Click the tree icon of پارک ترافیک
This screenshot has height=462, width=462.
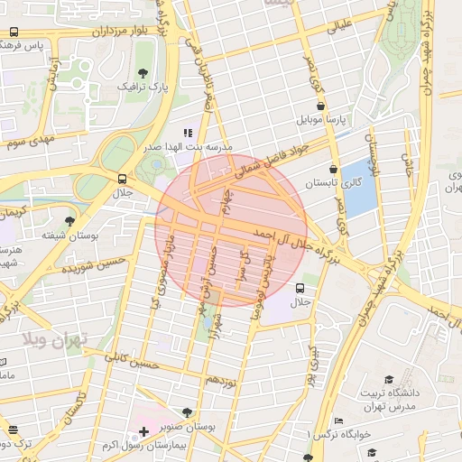142,73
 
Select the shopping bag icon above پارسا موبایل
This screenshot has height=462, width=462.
320,105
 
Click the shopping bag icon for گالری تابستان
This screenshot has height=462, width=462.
334,168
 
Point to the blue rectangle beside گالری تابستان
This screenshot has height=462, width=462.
360,188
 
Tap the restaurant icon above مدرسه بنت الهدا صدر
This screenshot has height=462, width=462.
188,132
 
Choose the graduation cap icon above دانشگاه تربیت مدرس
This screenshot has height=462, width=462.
389,380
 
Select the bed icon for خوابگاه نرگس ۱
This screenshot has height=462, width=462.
338,421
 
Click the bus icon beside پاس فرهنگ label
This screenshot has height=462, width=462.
14,32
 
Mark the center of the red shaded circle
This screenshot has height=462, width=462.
232,230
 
